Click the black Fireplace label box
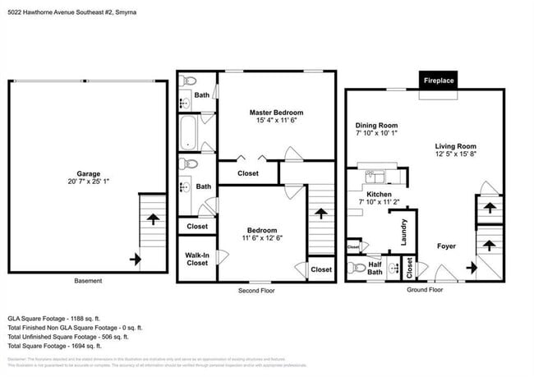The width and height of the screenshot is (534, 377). click(x=439, y=80)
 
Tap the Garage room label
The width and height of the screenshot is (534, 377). click(x=89, y=173)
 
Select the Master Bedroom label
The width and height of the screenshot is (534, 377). click(x=276, y=113)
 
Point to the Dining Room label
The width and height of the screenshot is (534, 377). click(x=376, y=126)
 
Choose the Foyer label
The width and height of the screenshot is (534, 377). click(x=446, y=246)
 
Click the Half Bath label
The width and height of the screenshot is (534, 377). click(x=375, y=269)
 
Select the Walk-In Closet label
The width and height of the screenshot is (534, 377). click(x=197, y=259)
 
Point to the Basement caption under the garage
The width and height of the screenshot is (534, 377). click(x=88, y=281)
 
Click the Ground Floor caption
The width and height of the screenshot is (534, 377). click(x=425, y=290)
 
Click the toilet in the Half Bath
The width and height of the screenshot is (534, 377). click(x=356, y=268)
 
